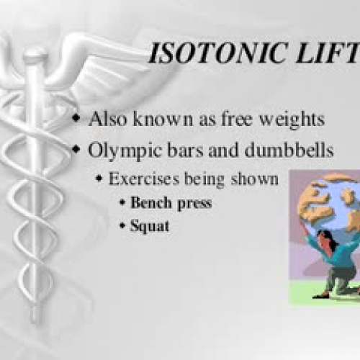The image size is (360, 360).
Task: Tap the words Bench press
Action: (171, 203)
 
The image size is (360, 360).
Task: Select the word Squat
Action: (150, 226)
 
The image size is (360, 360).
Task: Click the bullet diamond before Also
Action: (76, 120)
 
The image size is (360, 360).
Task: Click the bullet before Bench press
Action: (122, 204)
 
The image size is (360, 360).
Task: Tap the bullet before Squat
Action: (122, 227)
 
